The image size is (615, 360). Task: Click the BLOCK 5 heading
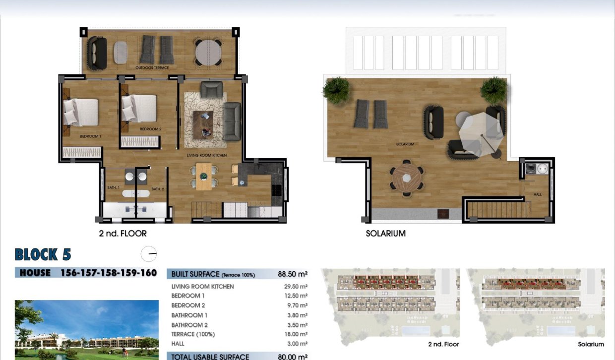tap(43, 255)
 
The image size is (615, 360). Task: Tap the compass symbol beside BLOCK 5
tap(149, 254)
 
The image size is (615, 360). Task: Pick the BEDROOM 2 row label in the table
tap(188, 305)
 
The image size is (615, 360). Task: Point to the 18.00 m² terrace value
tap(297, 334)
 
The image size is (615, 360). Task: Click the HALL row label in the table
tap(178, 344)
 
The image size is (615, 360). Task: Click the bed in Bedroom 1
tap(80, 112)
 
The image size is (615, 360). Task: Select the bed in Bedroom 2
tap(139, 108)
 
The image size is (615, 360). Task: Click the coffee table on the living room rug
tap(203, 124)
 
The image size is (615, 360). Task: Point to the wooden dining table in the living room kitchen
tap(203, 176)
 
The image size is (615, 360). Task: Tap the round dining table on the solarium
tap(407, 177)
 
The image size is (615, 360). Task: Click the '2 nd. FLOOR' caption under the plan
tap(123, 233)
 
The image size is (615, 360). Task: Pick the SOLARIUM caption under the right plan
tap(385, 233)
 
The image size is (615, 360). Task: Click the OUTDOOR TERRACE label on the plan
tap(152, 67)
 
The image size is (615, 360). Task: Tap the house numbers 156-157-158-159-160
tap(108, 273)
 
